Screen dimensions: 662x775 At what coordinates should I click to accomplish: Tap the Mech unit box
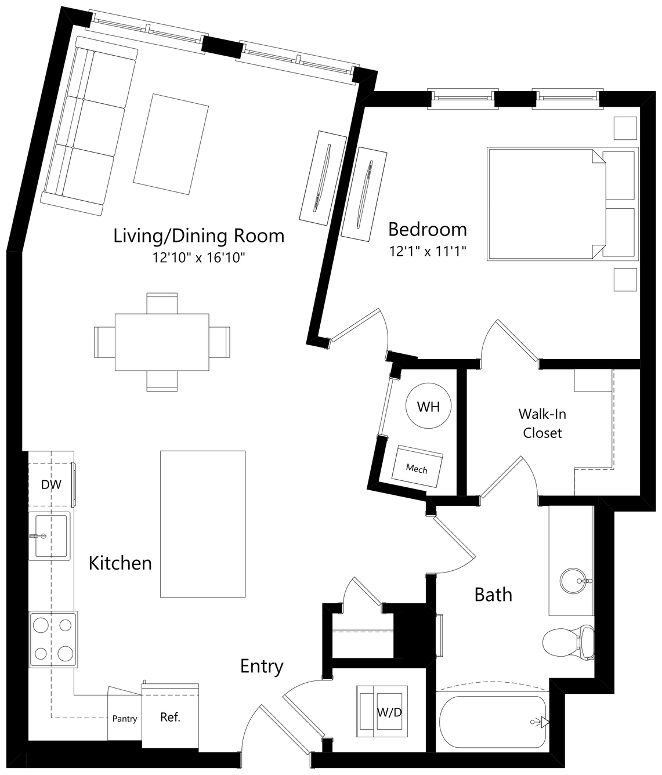(417, 466)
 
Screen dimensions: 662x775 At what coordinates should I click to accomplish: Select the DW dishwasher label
(51, 485)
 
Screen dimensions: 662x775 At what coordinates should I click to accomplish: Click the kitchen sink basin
(50, 536)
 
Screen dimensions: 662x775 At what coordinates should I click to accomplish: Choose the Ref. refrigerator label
(170, 717)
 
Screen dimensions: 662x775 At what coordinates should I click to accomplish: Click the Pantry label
(125, 719)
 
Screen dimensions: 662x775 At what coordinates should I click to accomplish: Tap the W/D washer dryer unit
(382, 713)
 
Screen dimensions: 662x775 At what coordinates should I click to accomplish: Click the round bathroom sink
(573, 581)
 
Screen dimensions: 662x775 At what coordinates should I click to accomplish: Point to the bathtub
(493, 722)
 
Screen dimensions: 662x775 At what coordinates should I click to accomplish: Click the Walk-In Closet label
(542, 423)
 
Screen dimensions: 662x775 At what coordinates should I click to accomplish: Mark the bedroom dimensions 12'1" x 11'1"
(428, 251)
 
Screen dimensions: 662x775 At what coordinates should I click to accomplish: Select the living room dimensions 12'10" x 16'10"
(199, 258)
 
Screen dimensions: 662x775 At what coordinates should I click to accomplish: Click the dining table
(162, 342)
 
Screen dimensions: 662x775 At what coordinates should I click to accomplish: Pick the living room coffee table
(171, 144)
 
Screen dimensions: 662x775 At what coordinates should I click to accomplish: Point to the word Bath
(493, 595)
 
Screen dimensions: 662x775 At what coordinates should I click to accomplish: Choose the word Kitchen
(120, 563)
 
